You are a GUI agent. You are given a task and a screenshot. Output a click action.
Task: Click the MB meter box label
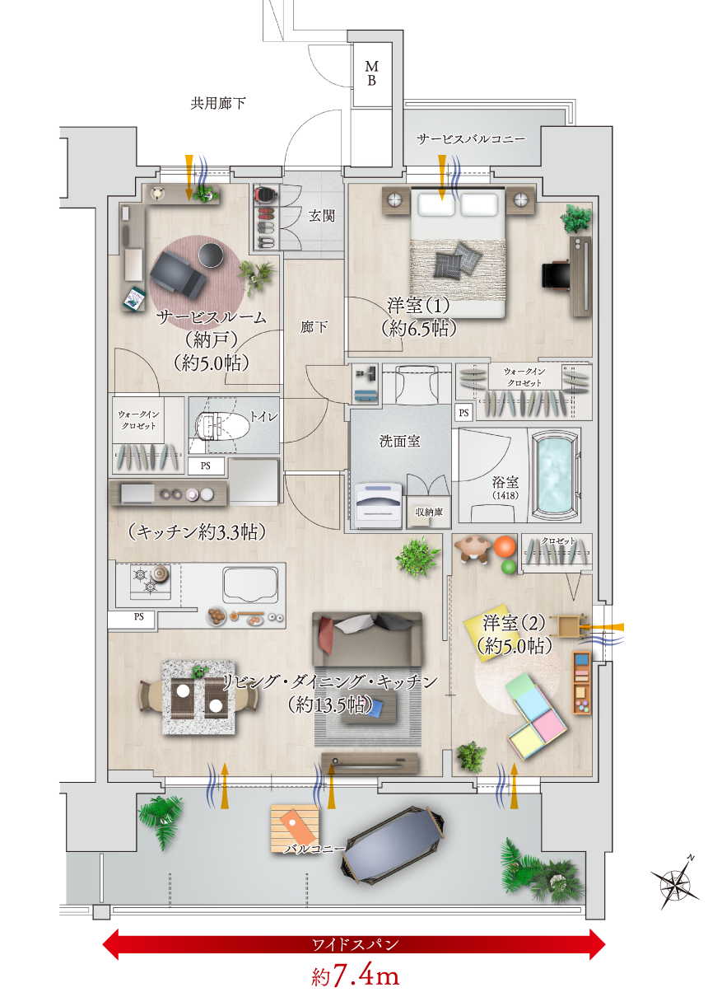pos(371,73)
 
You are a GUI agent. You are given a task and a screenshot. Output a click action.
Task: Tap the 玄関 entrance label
pos(322,217)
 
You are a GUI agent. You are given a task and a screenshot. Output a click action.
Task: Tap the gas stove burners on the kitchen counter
pos(151,581)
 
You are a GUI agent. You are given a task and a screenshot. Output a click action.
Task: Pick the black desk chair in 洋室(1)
pos(556,276)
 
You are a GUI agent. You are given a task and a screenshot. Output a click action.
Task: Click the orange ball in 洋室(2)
pos(504,546)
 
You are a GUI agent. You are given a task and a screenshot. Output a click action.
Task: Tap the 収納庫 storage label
pos(429,512)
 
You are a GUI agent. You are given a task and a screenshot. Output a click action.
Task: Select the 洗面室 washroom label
pos(399,441)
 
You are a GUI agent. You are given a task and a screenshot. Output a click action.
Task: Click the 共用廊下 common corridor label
pos(218,103)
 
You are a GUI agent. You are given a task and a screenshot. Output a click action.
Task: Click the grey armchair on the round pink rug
pos(177,274)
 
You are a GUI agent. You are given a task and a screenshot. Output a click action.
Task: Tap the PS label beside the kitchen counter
pos(139,616)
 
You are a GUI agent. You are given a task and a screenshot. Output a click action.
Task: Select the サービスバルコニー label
pos(471,139)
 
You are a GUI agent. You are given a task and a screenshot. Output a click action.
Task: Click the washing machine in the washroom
pos(378,505)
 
